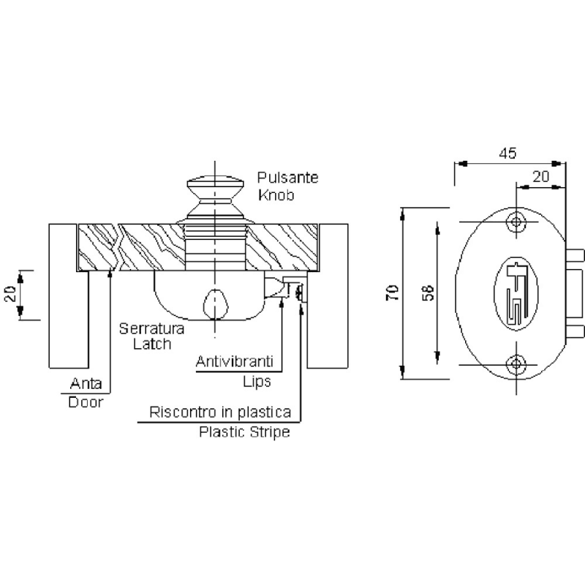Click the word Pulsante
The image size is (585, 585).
pyautogui.click(x=287, y=178)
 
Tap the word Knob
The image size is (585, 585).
pyautogui.click(x=276, y=195)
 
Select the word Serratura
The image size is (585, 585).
pyautogui.click(x=151, y=328)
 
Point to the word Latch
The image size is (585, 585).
pyautogui.click(x=152, y=344)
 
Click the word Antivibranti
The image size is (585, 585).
pyautogui.click(x=235, y=361)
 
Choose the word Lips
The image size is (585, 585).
pyautogui.click(x=257, y=382)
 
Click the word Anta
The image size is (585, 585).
pyautogui.click(x=86, y=383)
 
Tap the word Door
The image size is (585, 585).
pyautogui.click(x=86, y=402)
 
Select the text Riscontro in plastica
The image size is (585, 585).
pyautogui.click(x=220, y=412)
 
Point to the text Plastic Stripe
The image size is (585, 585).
pyautogui.click(x=244, y=432)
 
